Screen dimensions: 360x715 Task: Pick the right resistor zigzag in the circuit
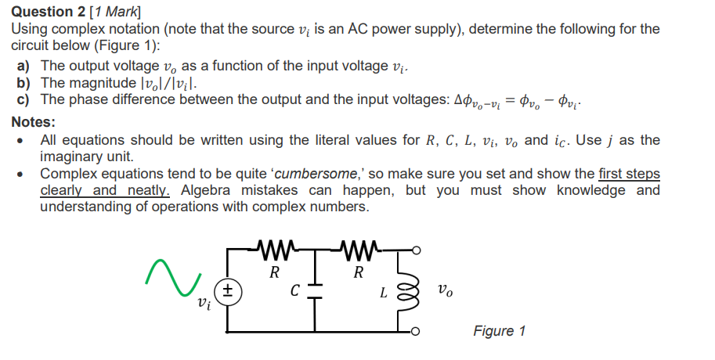pos(359,251)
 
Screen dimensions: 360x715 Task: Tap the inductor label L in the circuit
pos(383,294)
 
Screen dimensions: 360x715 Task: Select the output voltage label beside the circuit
pos(444,292)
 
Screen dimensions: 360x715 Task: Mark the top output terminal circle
pos(417,250)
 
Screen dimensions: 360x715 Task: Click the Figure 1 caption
pos(499,331)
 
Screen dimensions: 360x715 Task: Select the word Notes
pos(34,122)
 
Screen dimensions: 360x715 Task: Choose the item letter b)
pos(24,82)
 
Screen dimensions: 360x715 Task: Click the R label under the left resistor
pos(274,273)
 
